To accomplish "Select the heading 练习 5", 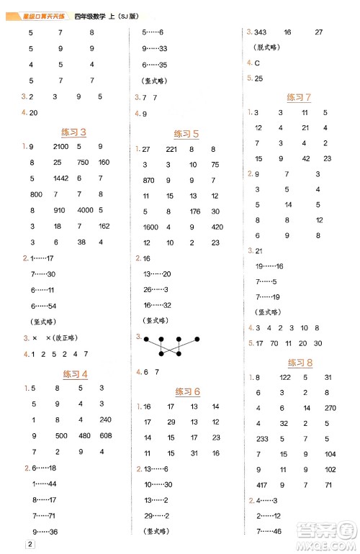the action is coord(186,134).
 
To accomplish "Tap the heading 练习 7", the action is coord(299,97).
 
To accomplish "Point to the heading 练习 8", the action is coord(300,363).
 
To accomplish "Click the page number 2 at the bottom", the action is coord(30,543).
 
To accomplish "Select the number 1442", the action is coord(60,178).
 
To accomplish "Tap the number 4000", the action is coord(85,210).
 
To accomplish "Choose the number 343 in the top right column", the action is coord(261,32).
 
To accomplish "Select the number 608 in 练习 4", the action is coord(105,436).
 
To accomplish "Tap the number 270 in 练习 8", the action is coord(330,407).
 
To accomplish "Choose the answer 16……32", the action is coord(156,305).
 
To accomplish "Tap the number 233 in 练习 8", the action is coord(261,438).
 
